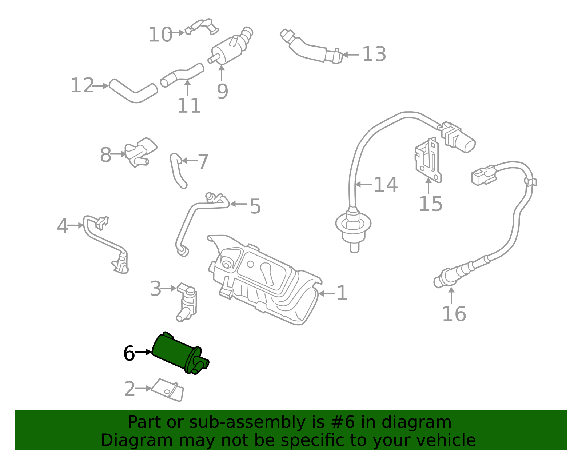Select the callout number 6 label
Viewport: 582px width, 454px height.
[x=129, y=353]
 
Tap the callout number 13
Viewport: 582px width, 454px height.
[x=374, y=54]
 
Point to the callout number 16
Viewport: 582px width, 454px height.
[x=454, y=314]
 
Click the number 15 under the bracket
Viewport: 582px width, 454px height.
[x=430, y=204]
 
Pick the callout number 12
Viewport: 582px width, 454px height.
[x=82, y=85]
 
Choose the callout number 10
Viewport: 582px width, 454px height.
[x=160, y=35]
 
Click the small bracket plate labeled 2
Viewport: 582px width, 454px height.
[x=168, y=390]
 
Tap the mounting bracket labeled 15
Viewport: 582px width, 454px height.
[x=428, y=160]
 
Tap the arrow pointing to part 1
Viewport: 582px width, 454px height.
[x=327, y=293]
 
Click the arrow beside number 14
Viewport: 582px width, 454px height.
[x=363, y=184]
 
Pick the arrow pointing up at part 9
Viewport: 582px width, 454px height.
[x=222, y=73]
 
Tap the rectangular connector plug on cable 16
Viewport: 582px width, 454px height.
[x=484, y=176]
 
